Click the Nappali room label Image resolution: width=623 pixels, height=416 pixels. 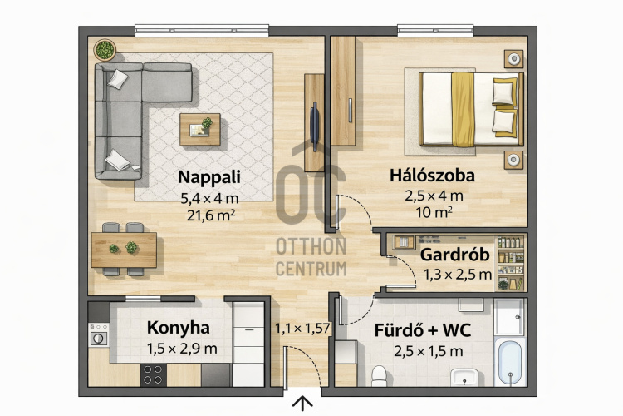(209, 177)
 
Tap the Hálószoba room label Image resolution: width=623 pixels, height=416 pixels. (432, 176)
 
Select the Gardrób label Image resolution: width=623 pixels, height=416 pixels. (454, 255)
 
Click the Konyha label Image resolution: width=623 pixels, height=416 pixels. (179, 328)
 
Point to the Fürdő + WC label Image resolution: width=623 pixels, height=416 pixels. (422, 330)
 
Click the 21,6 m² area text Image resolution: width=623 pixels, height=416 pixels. (211, 215)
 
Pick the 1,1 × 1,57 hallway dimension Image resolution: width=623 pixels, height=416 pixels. (302, 329)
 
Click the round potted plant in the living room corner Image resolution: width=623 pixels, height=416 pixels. (105, 50)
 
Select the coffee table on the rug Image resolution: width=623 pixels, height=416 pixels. (200, 130)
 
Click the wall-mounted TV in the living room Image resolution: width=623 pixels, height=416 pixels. (314, 126)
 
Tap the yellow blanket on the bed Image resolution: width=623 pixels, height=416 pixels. (463, 110)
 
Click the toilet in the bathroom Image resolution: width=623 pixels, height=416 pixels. (379, 376)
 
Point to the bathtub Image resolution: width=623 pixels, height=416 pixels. (510, 362)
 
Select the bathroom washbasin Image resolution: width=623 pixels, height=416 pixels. (464, 377)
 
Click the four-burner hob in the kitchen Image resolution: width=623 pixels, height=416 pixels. (154, 374)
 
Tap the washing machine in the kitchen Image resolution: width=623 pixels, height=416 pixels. (98, 334)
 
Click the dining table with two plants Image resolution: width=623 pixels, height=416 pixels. (124, 250)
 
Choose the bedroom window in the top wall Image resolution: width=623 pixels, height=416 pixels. (435, 31)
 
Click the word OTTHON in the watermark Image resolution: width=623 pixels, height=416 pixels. (311, 247)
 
